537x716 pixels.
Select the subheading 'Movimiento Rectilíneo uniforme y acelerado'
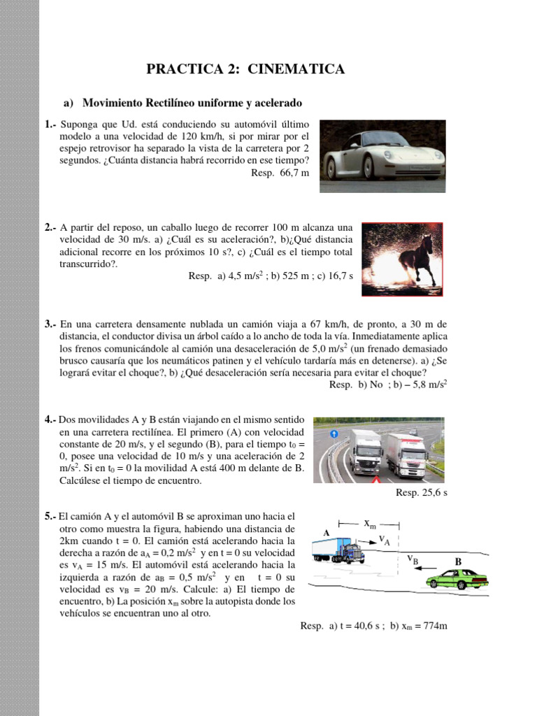[192, 103]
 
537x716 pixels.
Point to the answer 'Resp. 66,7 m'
[280, 173]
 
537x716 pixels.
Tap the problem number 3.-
[50, 324]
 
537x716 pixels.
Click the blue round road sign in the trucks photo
[334, 434]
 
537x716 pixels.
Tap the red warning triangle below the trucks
[376, 481]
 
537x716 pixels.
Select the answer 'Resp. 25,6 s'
[421, 493]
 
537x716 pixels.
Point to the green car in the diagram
[457, 579]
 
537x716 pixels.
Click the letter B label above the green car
[459, 561]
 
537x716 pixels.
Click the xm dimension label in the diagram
[368, 523]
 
